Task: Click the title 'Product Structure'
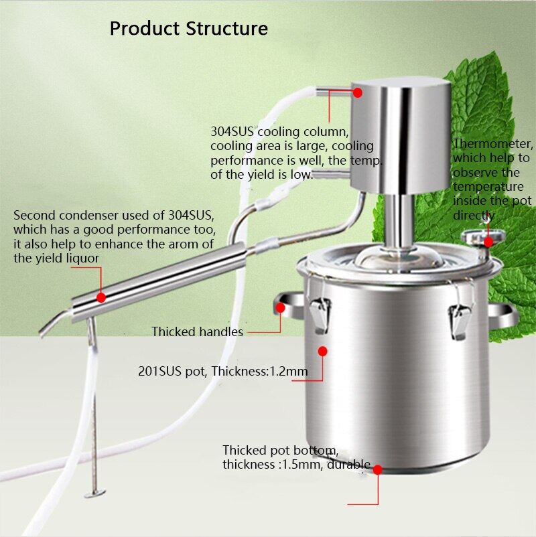pyautogui.click(x=188, y=29)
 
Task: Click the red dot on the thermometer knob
pyautogui.click(x=488, y=241)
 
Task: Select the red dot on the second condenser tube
pyautogui.click(x=100, y=297)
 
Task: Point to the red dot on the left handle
pyautogui.click(x=281, y=309)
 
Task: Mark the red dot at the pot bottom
pyautogui.click(x=377, y=470)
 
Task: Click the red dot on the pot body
pyautogui.click(x=322, y=350)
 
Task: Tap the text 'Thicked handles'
pyautogui.click(x=197, y=331)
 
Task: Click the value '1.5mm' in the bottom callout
pyautogui.click(x=301, y=464)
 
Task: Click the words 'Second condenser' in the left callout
pyautogui.click(x=56, y=216)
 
